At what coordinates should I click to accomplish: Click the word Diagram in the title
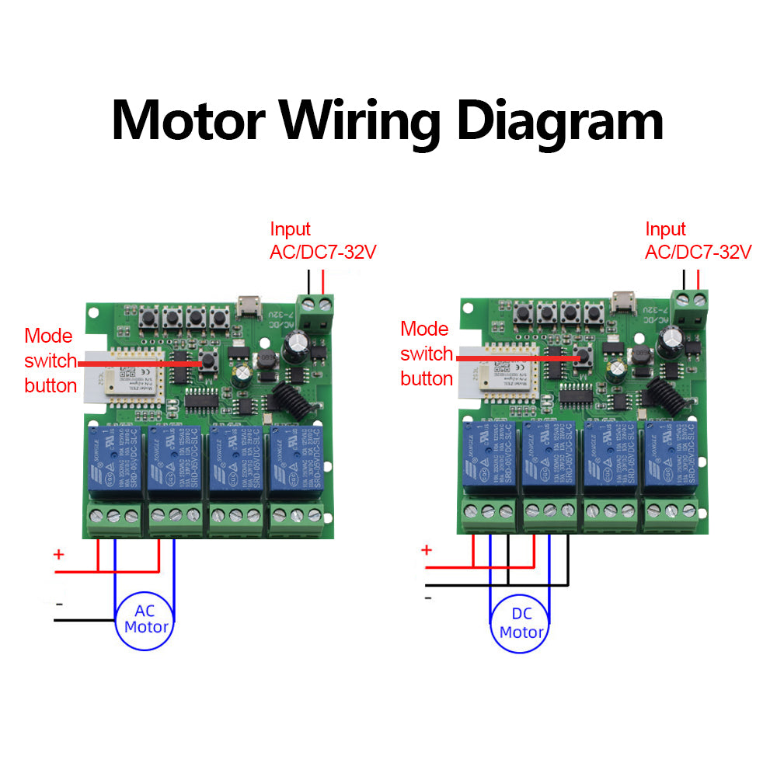point(559,122)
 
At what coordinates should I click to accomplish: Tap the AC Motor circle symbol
point(146,619)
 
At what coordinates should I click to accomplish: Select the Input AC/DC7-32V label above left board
point(322,241)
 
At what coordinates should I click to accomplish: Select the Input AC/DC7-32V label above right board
point(698,241)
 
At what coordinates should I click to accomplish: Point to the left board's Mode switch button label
point(51,361)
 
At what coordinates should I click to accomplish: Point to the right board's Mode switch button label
point(427,354)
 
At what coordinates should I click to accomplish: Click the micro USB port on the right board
point(622,301)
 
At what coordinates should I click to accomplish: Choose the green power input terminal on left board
point(316,310)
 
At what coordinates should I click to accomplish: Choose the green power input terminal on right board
point(692,305)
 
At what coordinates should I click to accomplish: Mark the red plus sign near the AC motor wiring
point(58,555)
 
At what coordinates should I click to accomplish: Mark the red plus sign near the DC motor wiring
point(426,550)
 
